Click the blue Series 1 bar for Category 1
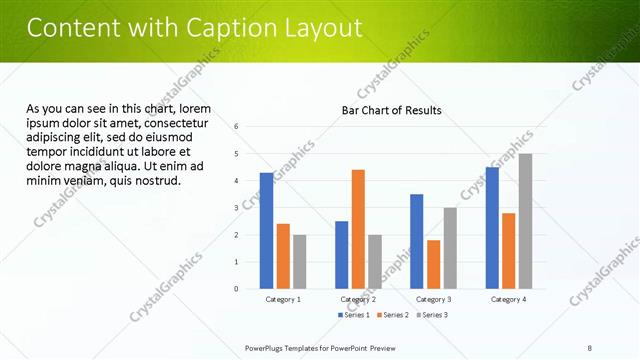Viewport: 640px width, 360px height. click(266, 231)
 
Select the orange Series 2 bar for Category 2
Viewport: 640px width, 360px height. click(358, 229)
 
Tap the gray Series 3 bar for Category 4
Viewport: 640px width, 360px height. click(525, 221)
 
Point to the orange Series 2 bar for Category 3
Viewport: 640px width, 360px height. click(433, 264)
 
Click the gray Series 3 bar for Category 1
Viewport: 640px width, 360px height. click(300, 262)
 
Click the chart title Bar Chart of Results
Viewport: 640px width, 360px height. click(391, 109)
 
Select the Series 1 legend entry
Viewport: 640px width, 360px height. click(353, 315)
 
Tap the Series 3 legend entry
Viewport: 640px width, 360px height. click(431, 315)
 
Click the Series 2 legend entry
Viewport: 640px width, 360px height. click(392, 315)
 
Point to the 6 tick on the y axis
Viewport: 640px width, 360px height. click(236, 126)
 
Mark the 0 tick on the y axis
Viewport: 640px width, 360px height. click(236, 289)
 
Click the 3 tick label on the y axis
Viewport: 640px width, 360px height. click(236, 207)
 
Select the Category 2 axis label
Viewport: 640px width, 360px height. click(358, 299)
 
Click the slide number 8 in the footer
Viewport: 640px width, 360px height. click(590, 348)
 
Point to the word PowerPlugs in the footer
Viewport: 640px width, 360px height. click(266, 348)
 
